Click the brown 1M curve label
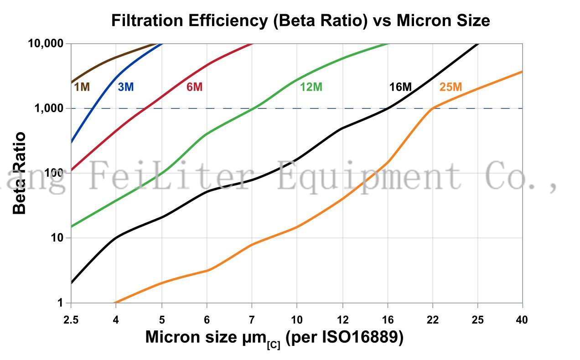(x=82, y=87)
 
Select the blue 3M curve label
(x=125, y=87)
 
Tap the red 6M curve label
(x=194, y=87)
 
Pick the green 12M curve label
(x=311, y=87)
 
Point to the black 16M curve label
(x=400, y=87)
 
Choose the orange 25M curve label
(x=451, y=87)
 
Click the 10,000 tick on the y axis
(x=45, y=44)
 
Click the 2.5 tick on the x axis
(x=71, y=320)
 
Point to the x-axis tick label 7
(x=252, y=320)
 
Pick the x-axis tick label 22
(x=432, y=320)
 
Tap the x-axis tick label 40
(x=522, y=320)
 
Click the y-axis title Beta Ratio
(x=19, y=173)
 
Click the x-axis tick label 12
(x=342, y=320)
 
